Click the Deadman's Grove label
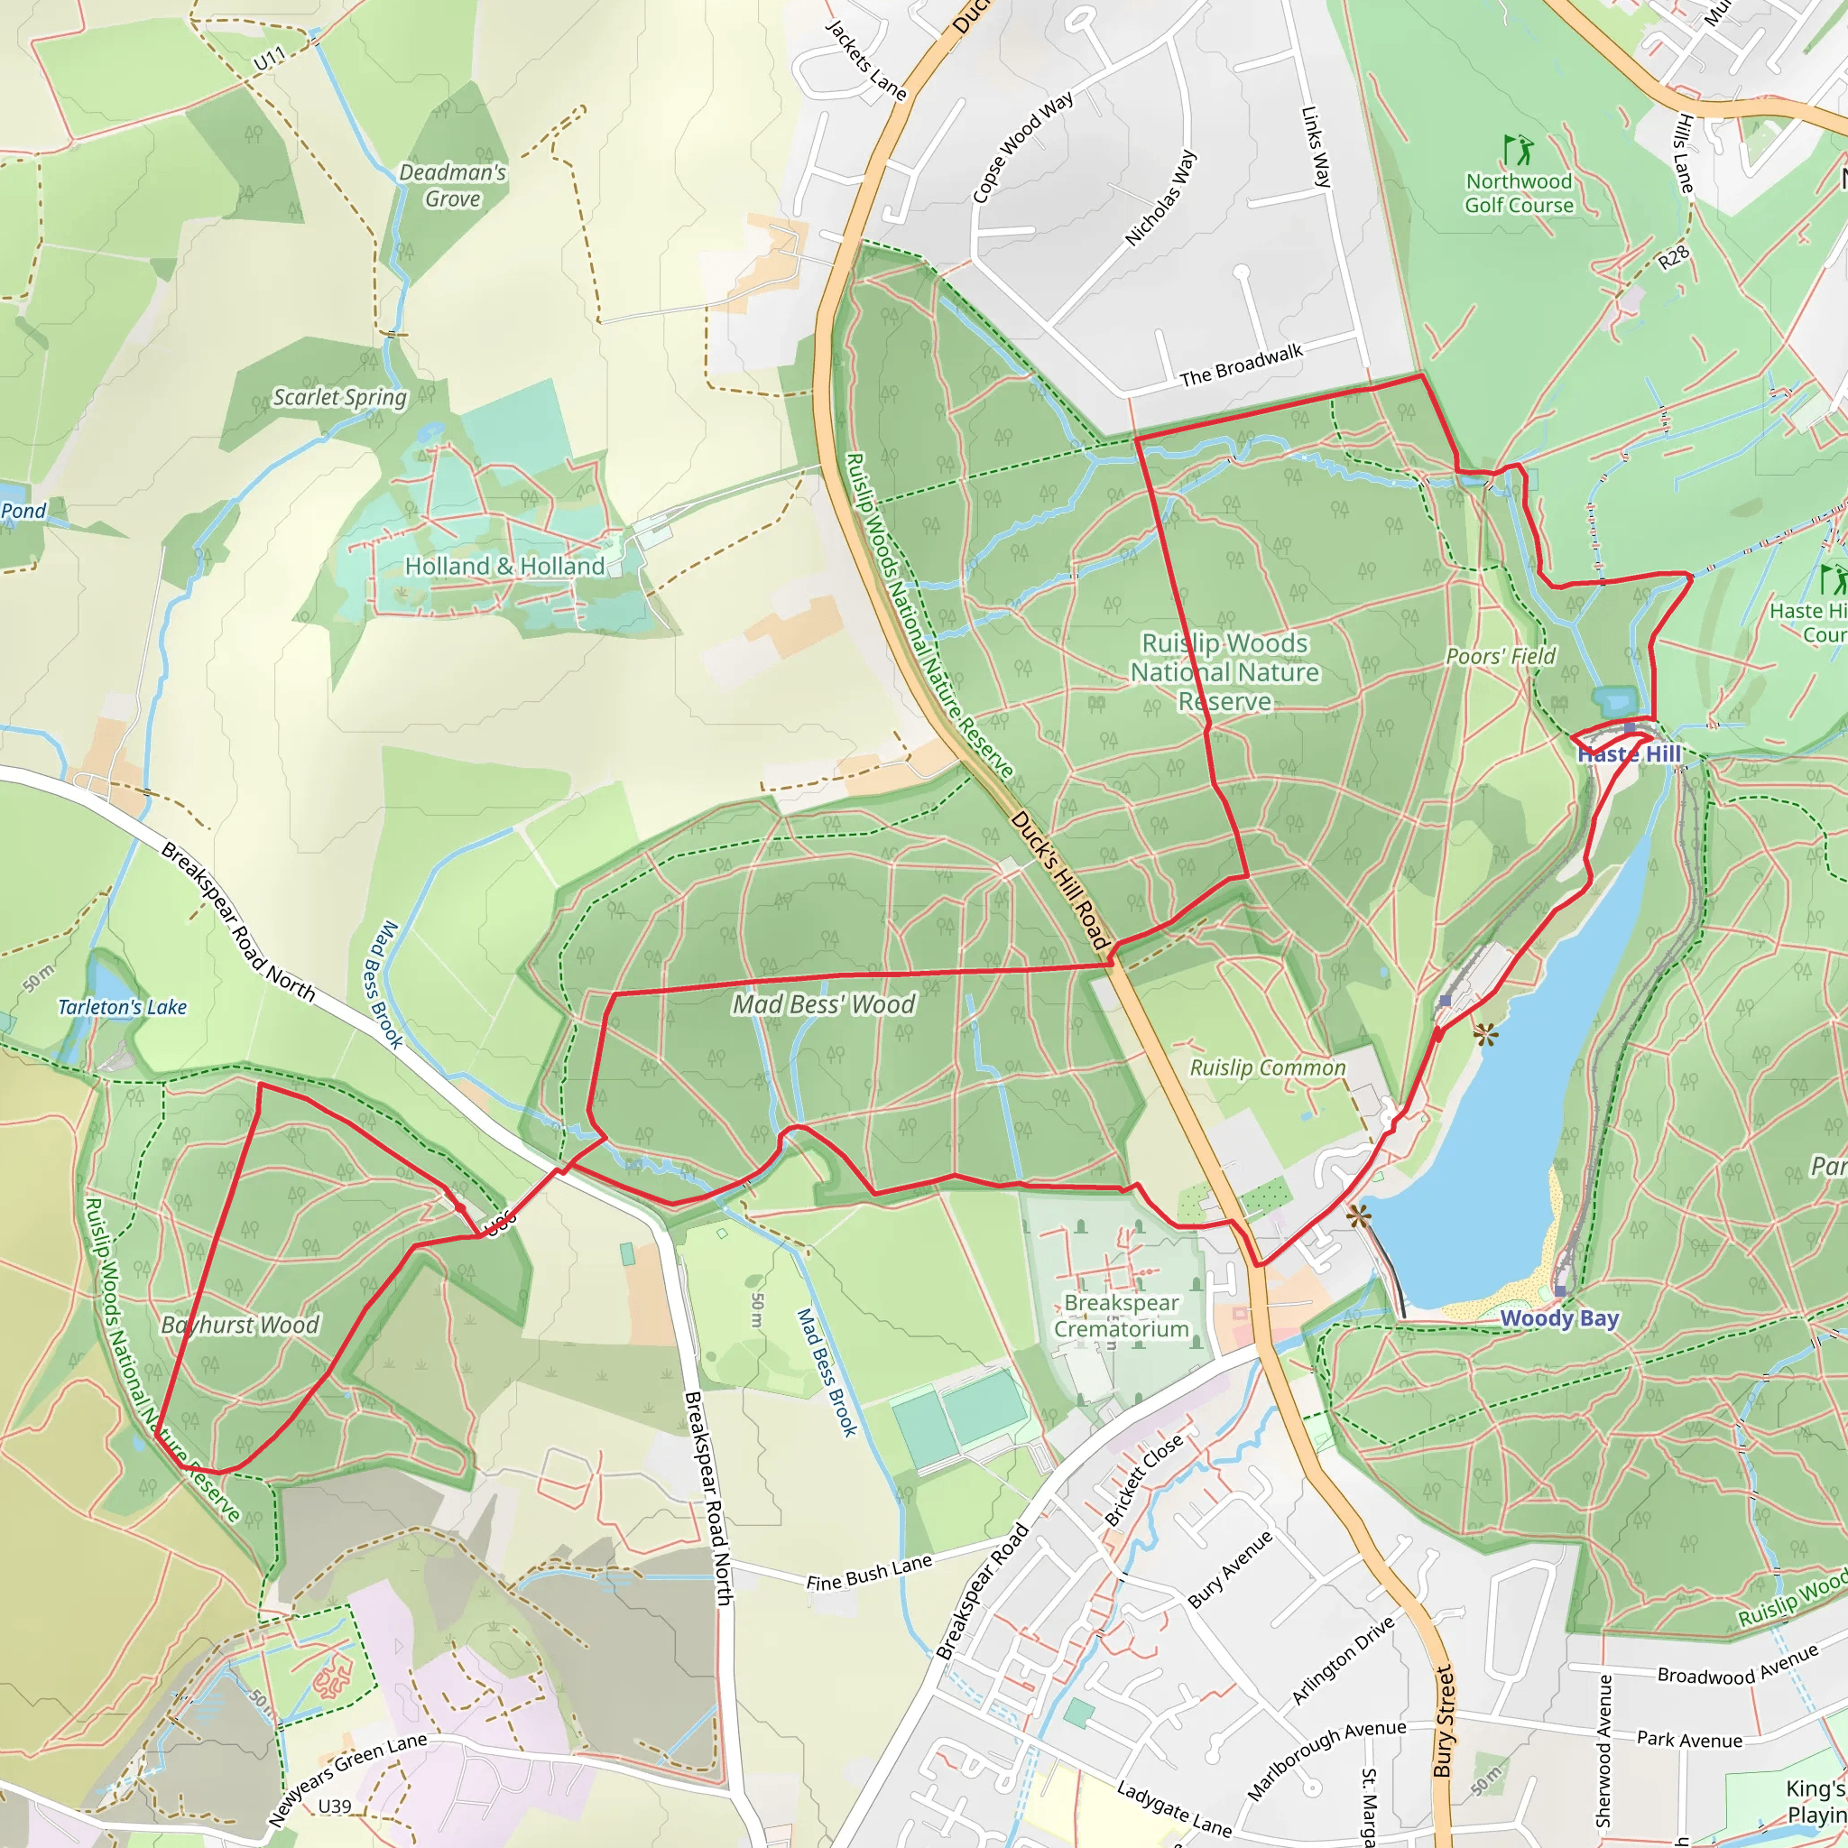click(452, 186)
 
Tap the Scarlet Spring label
click(339, 397)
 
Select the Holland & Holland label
click(504, 567)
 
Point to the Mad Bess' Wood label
click(824, 1004)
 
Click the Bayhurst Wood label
click(240, 1325)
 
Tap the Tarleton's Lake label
click(123, 1007)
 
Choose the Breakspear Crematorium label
click(1121, 1317)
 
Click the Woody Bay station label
click(1559, 1318)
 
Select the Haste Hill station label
click(1629, 753)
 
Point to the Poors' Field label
click(1501, 656)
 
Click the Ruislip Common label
click(1268, 1067)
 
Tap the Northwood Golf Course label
click(1519, 193)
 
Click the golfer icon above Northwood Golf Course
click(1517, 150)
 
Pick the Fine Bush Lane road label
click(869, 1573)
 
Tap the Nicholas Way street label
click(1160, 198)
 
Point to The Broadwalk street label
click(1241, 365)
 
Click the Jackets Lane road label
click(865, 60)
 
